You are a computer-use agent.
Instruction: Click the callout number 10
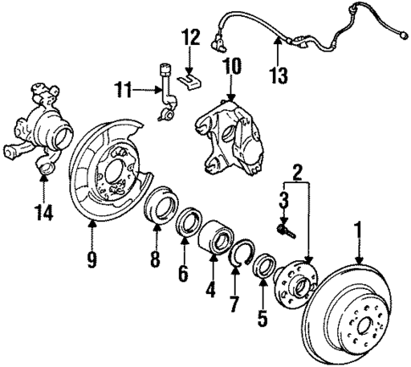point(231,64)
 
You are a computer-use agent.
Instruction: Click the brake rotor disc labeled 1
point(356,314)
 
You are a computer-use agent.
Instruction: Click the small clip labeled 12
point(192,79)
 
